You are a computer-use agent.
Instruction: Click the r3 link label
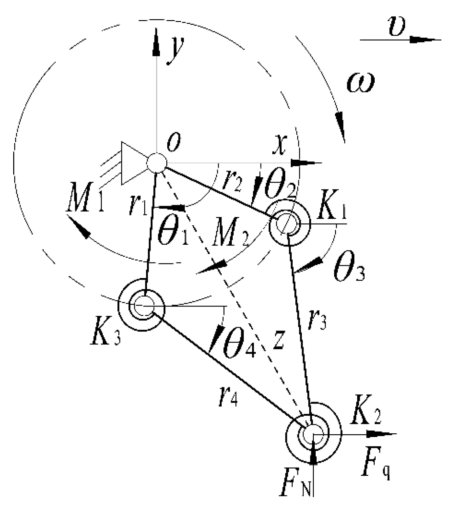tap(317, 319)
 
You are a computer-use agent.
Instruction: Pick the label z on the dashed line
tap(278, 341)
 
